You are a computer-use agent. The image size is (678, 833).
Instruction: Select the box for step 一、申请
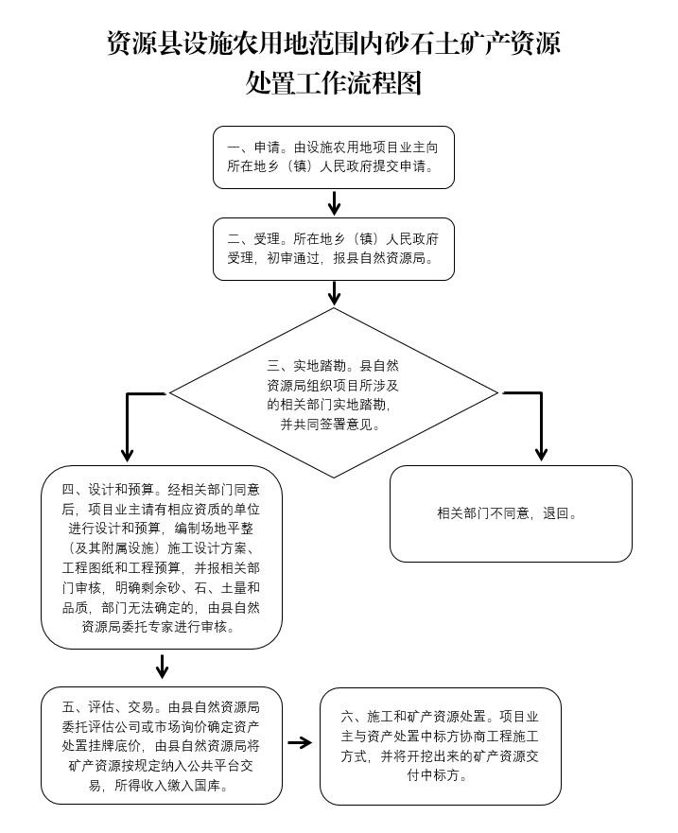tap(333, 157)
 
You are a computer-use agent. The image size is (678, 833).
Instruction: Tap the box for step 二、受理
tap(333, 249)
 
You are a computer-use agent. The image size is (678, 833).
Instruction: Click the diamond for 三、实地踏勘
tap(333, 393)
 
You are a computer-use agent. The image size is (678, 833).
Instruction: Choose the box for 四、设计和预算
tap(162, 557)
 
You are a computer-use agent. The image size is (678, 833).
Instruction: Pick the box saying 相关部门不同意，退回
tap(511, 514)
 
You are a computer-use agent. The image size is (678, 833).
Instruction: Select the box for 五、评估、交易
tap(162, 746)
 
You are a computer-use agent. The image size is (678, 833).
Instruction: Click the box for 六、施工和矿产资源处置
tap(441, 746)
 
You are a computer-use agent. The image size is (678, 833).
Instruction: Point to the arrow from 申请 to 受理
tap(334, 202)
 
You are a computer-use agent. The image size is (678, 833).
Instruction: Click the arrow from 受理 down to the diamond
tap(334, 293)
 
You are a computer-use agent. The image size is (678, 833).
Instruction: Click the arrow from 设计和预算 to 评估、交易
tap(162, 668)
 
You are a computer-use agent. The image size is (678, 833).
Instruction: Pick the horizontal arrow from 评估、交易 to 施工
tap(300, 743)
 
